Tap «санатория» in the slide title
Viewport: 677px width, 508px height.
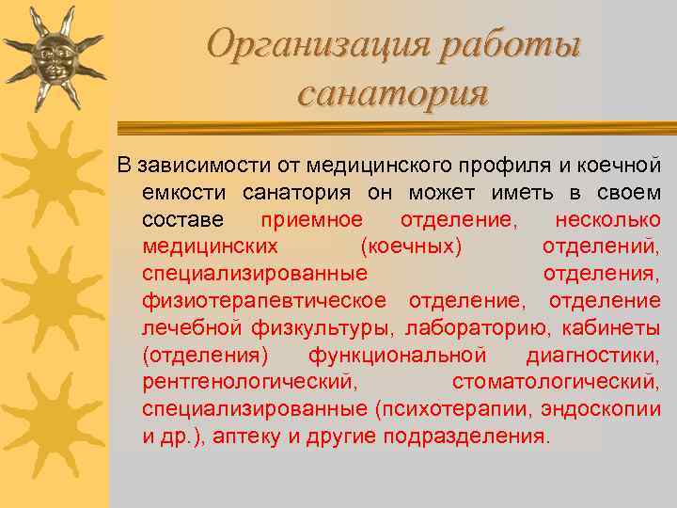click(392, 94)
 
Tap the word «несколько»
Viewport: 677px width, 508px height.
click(607, 219)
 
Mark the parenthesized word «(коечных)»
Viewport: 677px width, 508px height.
click(411, 246)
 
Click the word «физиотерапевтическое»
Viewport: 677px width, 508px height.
click(264, 301)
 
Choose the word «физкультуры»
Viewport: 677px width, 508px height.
click(324, 328)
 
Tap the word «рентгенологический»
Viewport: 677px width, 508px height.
click(250, 383)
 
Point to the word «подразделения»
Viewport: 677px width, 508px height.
click(468, 437)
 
